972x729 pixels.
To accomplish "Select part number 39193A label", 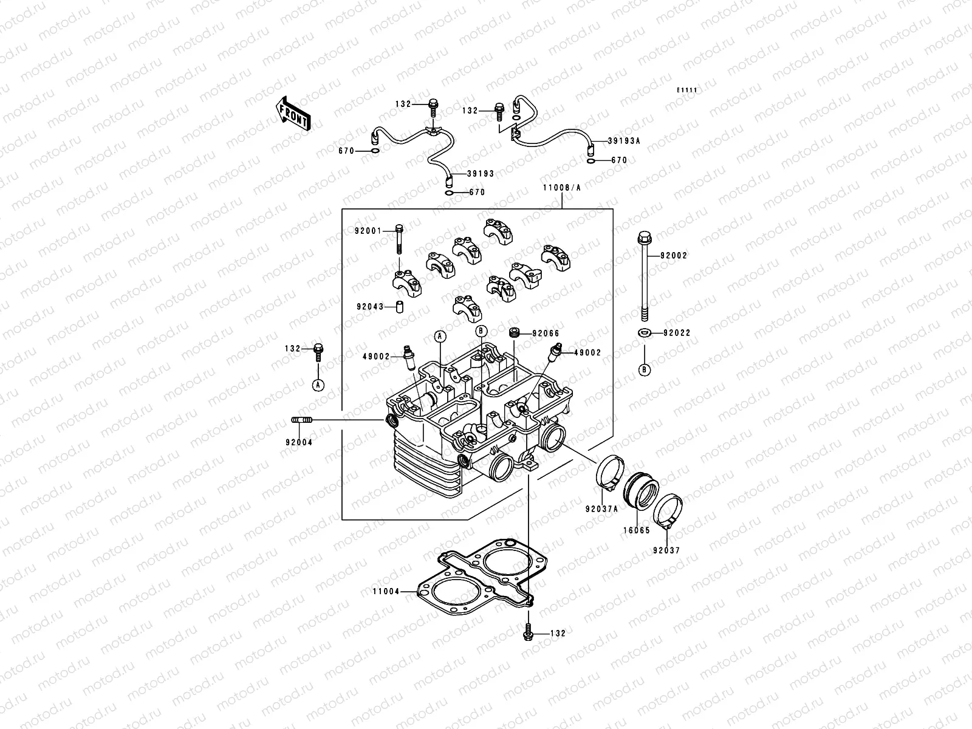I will point(624,141).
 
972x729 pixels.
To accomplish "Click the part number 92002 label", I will point(675,256).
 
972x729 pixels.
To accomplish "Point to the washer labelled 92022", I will point(644,332).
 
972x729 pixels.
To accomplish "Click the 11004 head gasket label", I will point(386,590).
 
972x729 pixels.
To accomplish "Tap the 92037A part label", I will point(601,509).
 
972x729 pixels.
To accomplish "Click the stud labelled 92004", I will point(303,420).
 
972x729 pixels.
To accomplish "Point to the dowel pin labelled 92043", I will point(400,307).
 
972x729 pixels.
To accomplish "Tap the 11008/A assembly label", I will point(562,188).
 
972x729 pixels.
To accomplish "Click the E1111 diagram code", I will point(687,91).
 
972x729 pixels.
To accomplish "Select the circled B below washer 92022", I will point(644,369).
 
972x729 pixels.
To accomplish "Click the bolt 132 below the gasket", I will point(527,632).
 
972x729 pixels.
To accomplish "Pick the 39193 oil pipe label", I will point(481,174).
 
